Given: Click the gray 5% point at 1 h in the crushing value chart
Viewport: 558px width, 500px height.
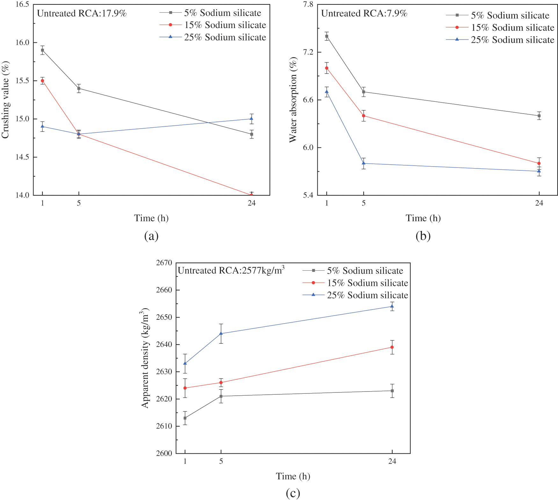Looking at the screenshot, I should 42,50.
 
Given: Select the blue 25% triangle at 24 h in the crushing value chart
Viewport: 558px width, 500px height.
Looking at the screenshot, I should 251,119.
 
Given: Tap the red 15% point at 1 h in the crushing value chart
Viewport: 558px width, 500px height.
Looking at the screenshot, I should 42,81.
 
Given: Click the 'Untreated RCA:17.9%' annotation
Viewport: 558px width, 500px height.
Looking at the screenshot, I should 82,13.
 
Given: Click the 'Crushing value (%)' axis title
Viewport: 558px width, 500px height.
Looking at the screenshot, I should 5,100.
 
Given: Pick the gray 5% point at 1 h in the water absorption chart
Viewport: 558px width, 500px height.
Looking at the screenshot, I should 327,36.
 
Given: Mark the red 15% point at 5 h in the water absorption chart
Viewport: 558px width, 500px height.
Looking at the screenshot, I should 363,116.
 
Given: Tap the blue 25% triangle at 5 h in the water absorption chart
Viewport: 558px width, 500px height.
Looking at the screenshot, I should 363,163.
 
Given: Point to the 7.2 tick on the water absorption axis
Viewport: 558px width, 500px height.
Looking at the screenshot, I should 308,52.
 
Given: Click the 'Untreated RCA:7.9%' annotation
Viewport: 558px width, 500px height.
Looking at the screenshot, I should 364,13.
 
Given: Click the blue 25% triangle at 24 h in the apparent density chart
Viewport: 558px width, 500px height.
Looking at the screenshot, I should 392,306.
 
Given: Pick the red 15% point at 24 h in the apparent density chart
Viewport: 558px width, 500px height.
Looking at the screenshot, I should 392,347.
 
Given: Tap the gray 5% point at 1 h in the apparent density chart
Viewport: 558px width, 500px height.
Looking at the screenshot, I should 185,418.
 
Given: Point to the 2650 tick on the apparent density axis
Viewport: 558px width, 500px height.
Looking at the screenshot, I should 164,317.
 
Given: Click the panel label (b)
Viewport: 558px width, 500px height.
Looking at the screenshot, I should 423,236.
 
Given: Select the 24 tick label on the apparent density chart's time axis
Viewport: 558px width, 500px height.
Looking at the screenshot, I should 392,461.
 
